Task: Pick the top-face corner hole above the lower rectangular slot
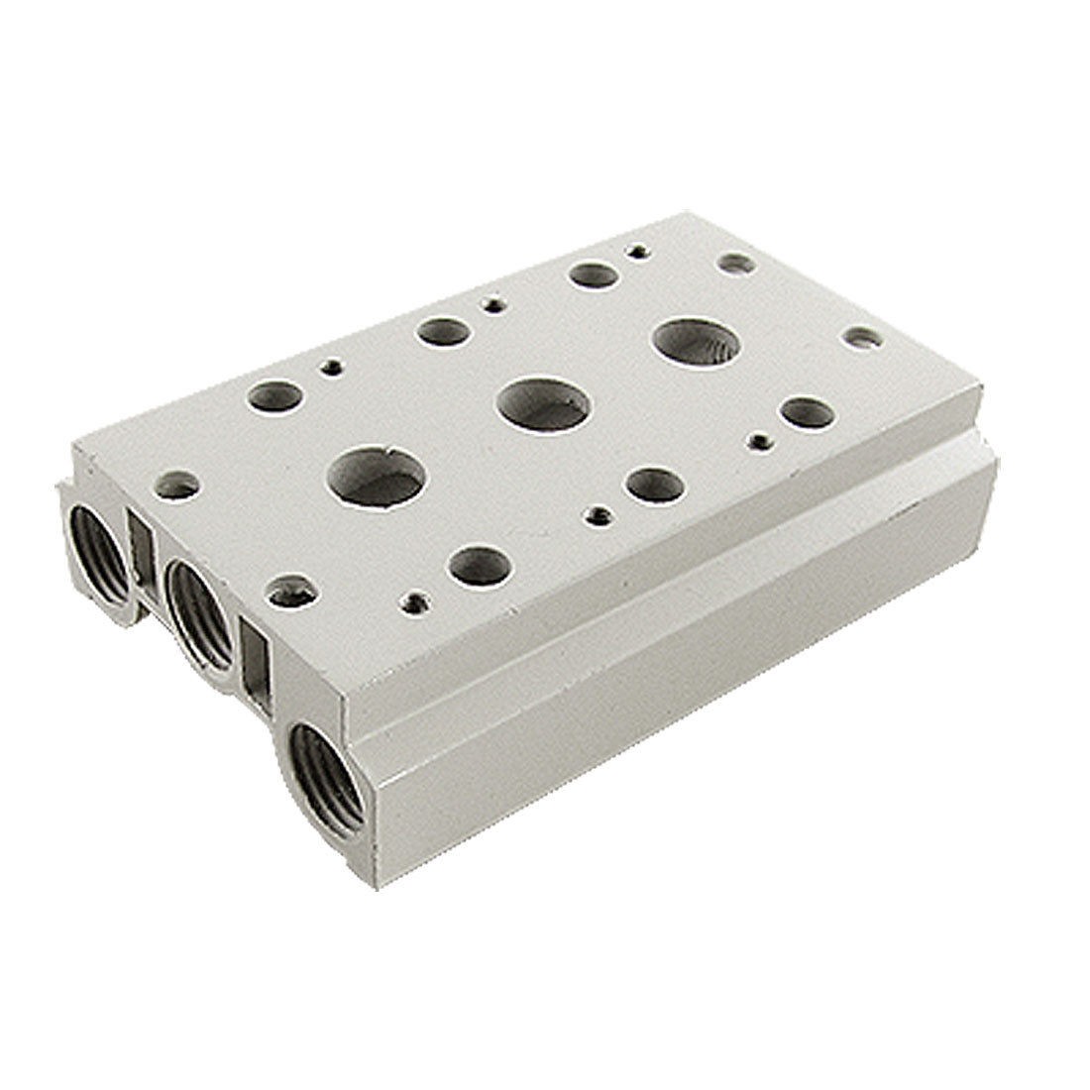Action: (289, 591)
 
